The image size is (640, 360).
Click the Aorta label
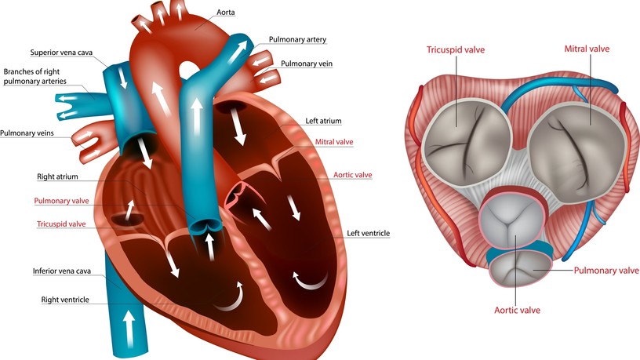point(225,13)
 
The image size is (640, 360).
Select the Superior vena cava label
point(61,53)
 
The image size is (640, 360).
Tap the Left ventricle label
point(368,233)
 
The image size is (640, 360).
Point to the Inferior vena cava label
point(62,271)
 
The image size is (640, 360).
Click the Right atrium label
point(57,176)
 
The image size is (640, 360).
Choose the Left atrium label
point(323,121)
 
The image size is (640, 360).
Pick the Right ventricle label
point(65,300)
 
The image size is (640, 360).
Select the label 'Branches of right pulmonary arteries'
point(35,76)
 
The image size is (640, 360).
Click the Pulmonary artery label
point(297,39)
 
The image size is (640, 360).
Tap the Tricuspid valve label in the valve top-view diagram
point(456,49)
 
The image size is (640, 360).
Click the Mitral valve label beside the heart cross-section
point(334,142)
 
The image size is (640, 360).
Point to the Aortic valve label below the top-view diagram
point(517,311)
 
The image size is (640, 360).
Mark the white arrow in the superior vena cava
point(122,78)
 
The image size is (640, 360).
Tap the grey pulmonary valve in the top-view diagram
point(519,269)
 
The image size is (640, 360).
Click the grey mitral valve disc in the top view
point(577,153)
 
